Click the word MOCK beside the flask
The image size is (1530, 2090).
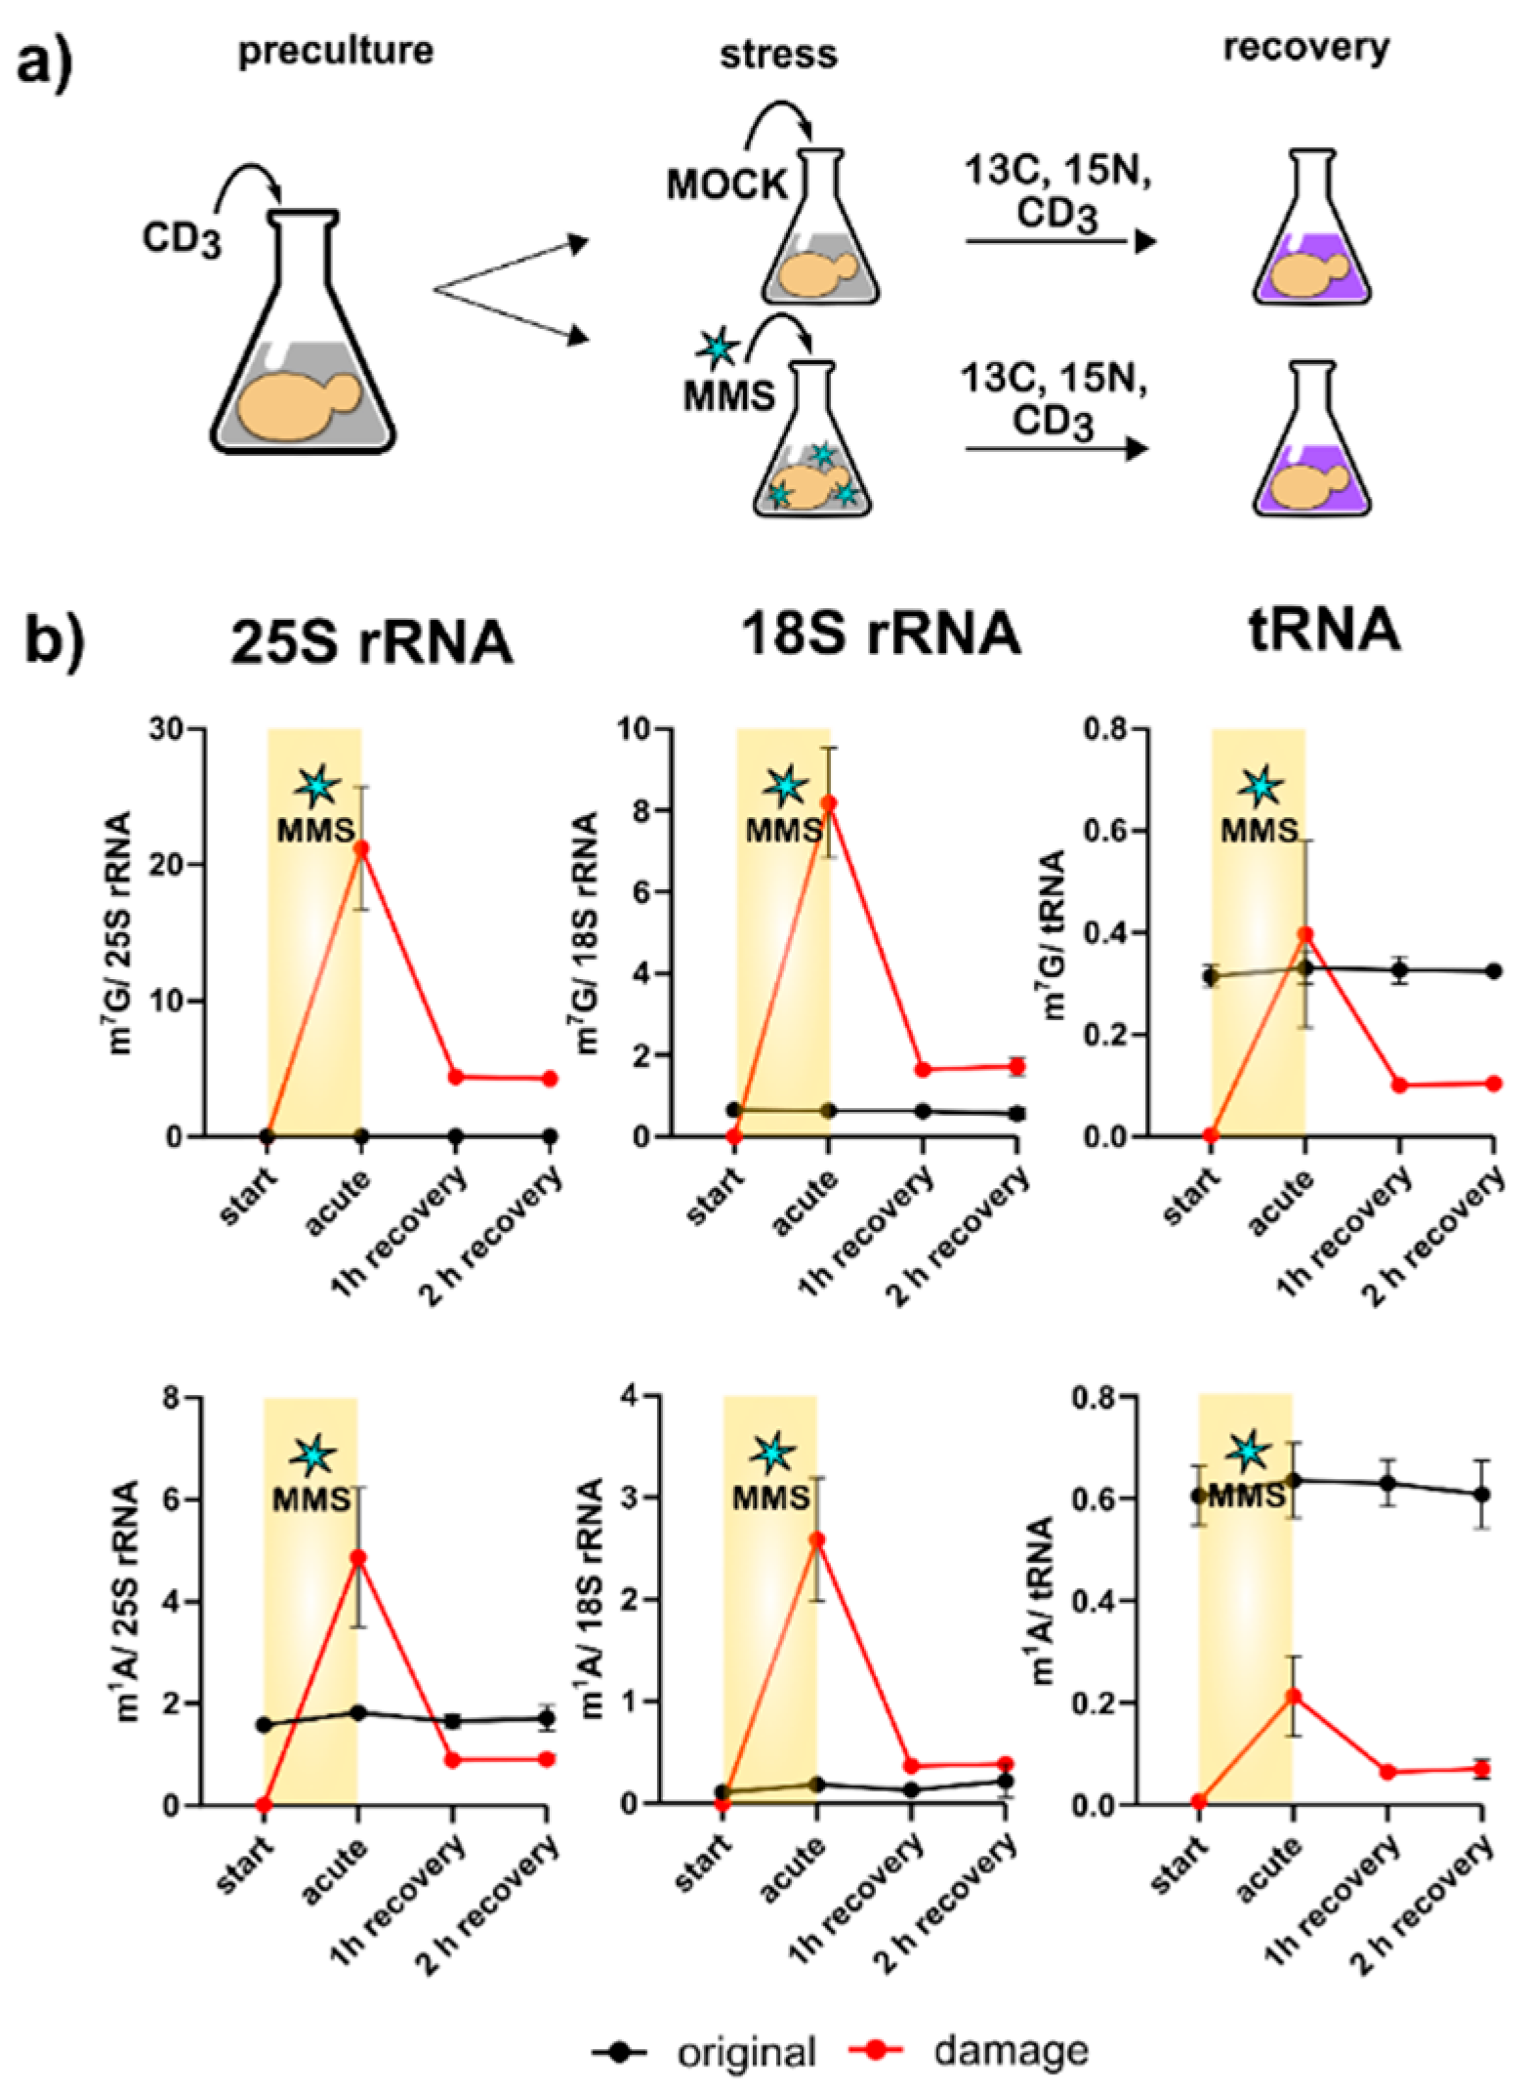click(726, 184)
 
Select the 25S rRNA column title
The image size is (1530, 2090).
click(371, 642)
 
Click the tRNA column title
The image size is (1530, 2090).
click(1324, 631)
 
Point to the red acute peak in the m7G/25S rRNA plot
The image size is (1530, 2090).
click(361, 848)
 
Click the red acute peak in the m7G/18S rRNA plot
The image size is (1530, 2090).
click(828, 803)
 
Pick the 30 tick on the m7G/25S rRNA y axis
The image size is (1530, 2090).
click(170, 729)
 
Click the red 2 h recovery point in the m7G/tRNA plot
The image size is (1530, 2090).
click(1493, 1084)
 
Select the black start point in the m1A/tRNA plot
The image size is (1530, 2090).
click(1200, 1496)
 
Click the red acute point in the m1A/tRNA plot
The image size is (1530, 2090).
click(1293, 1696)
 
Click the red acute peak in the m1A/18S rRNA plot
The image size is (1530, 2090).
click(817, 1539)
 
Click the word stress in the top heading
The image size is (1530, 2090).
click(778, 55)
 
